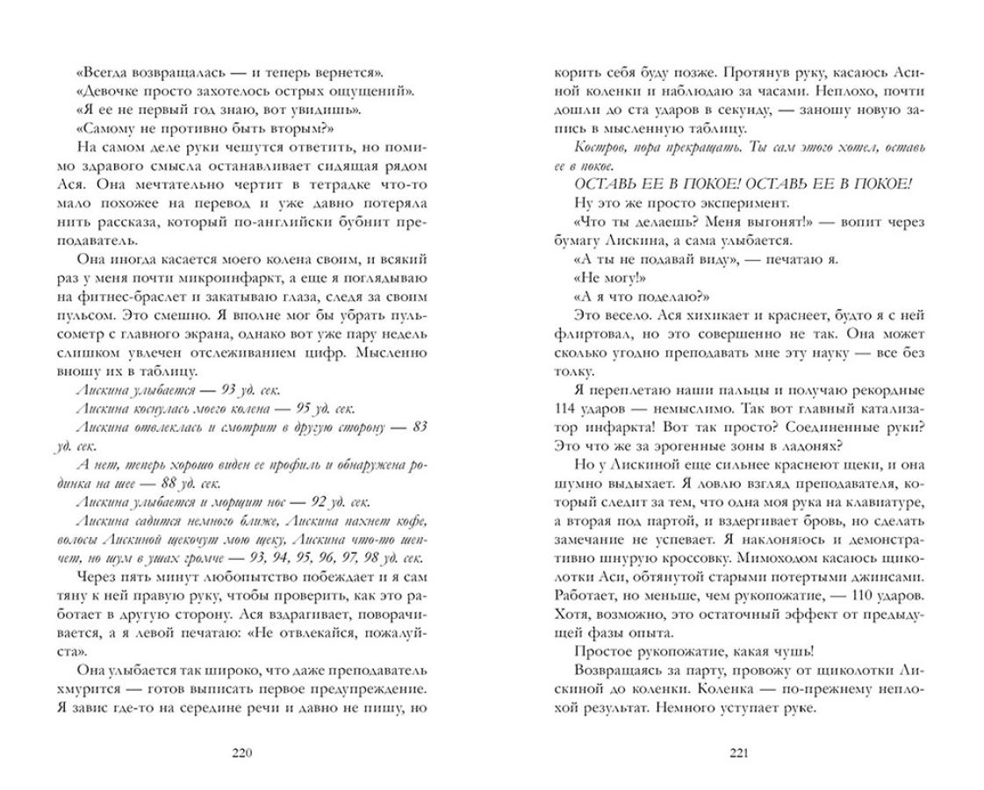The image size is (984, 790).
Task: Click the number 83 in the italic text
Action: pyautogui.click(x=419, y=427)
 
